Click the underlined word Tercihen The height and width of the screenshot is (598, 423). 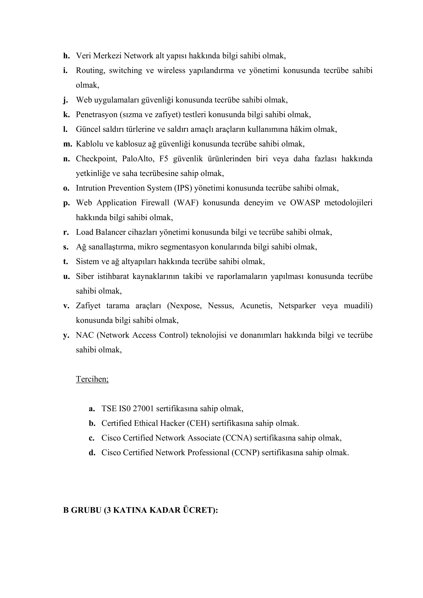pos(92,379)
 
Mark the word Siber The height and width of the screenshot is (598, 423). pos(85,276)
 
